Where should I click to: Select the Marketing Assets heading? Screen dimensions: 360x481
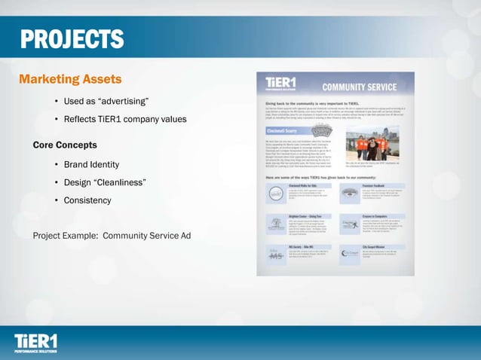pyautogui.click(x=69, y=79)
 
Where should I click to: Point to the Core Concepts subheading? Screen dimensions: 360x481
pyautogui.click(x=65, y=144)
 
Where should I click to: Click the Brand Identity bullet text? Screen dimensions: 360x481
pyautogui.click(x=91, y=164)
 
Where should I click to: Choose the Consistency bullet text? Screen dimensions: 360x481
pyautogui.click(x=87, y=200)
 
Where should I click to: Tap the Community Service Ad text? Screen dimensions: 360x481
pyautogui.click(x=146, y=236)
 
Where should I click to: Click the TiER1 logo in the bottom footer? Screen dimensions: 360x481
pyautogui.click(x=35, y=343)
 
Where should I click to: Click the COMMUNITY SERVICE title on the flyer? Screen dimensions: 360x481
pyautogui.click(x=360, y=87)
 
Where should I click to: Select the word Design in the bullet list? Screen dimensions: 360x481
pyautogui.click(x=78, y=182)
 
